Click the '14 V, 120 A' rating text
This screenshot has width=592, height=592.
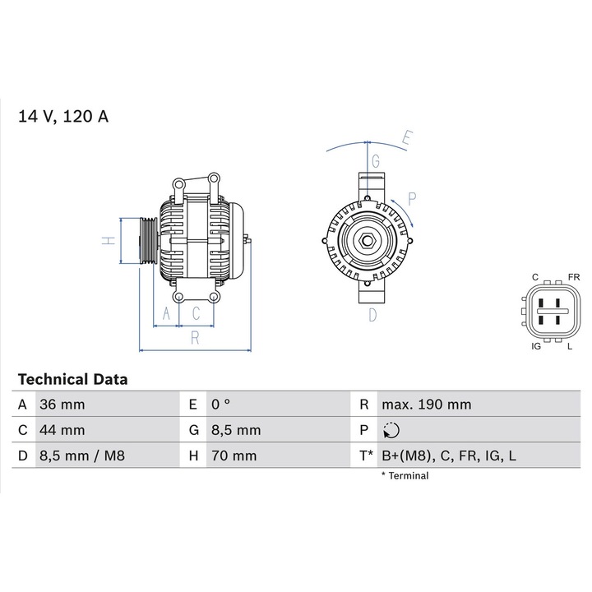coord(63,116)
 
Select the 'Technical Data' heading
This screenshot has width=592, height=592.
coord(72,380)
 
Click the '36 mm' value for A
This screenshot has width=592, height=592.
coord(62,405)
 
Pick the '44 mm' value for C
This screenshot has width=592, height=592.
coord(62,430)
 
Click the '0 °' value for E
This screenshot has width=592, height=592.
coord(220,405)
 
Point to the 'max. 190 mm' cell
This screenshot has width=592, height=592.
coord(426,405)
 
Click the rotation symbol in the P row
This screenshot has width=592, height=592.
coord(391,430)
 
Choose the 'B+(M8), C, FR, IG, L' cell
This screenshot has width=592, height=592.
coord(448,456)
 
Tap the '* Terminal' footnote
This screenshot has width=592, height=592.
coord(405,475)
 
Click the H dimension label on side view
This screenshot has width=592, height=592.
coord(106,240)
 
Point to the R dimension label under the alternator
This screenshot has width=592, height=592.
coord(195,336)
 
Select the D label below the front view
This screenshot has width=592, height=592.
coord(372,314)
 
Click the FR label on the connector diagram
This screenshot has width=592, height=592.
coord(573,277)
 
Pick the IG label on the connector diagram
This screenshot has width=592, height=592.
coord(535,347)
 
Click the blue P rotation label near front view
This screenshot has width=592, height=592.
coord(412,197)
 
